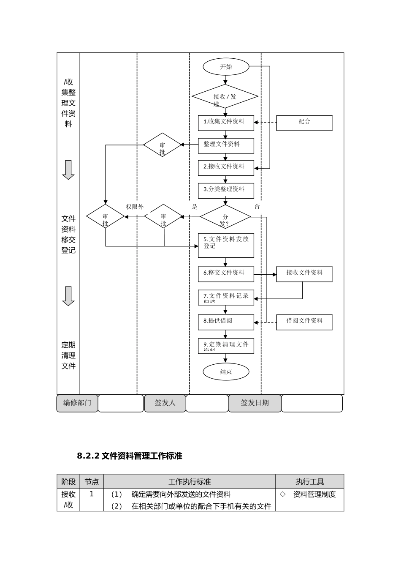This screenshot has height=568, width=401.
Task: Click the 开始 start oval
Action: (x=226, y=67)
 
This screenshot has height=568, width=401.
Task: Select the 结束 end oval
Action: (x=226, y=372)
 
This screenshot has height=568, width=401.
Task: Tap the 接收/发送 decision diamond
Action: (x=225, y=97)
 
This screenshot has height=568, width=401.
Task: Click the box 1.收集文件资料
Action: (x=226, y=123)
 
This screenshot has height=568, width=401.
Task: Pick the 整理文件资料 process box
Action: (x=226, y=145)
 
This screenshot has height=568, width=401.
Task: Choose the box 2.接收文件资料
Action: (x=226, y=168)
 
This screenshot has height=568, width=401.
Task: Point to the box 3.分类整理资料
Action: (x=226, y=191)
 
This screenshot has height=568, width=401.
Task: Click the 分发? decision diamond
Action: (x=225, y=217)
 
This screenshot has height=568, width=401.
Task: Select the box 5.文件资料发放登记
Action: (x=226, y=245)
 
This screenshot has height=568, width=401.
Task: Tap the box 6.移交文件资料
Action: (x=226, y=274)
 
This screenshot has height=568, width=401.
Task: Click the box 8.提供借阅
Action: (x=226, y=322)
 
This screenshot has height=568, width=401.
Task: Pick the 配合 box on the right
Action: (x=304, y=123)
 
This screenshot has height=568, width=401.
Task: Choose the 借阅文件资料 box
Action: (x=304, y=322)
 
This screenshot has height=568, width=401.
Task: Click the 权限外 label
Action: (x=135, y=207)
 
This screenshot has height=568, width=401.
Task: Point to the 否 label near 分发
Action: (x=257, y=206)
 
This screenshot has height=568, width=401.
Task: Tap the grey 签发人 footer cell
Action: (x=165, y=403)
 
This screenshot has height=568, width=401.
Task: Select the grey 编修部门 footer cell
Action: (x=77, y=403)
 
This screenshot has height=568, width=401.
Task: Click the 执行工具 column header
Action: (x=309, y=482)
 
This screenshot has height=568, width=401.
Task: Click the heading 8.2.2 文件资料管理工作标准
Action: (x=130, y=456)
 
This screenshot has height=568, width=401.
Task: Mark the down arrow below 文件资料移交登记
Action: (x=68, y=296)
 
